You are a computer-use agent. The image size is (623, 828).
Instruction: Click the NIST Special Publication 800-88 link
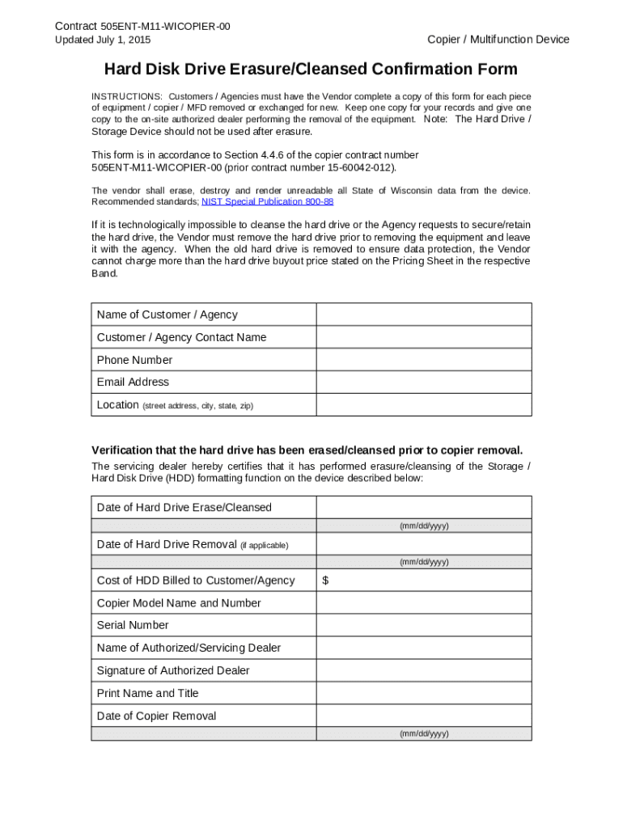pos(267,201)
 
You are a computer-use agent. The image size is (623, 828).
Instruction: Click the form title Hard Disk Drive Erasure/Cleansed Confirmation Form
pos(311,70)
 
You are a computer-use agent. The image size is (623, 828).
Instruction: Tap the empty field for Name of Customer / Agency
pos(423,315)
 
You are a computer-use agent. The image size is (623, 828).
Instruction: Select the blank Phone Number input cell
pos(423,360)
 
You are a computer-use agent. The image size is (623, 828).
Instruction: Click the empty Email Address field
pos(423,382)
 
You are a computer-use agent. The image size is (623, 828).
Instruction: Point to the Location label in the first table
pos(117,405)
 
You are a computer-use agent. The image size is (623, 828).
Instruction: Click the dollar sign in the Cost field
pos(325,581)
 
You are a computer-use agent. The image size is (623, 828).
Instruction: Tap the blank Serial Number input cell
pos(423,625)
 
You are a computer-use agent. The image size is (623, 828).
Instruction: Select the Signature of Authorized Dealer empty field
pos(423,670)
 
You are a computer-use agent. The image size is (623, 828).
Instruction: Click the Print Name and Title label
pos(147,693)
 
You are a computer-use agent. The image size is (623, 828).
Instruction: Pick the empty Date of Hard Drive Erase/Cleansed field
pos(423,507)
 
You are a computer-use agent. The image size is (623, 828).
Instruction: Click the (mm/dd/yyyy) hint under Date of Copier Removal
pos(423,734)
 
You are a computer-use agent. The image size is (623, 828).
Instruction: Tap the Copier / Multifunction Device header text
pos(498,40)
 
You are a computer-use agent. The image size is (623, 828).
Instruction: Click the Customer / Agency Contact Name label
pos(181,337)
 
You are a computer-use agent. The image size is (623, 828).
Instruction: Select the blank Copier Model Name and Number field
pos(423,603)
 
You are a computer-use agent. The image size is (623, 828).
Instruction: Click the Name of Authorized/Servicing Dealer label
pos(189,648)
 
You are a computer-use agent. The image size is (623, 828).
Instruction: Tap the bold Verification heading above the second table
pos(307,450)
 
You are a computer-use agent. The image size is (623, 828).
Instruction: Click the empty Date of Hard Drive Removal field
pos(423,544)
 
